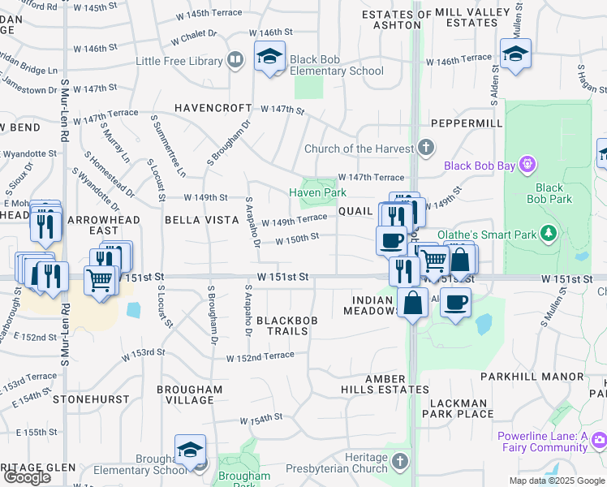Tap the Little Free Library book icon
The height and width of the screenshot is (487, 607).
(235, 60)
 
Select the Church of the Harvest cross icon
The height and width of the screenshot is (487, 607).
(426, 148)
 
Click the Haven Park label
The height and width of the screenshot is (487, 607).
(318, 192)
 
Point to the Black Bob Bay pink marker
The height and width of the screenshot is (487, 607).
(527, 166)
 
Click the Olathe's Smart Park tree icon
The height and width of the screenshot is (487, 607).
(549, 235)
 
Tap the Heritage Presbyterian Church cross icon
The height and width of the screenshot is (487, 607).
(399, 462)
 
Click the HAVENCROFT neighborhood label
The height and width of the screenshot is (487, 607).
(213, 108)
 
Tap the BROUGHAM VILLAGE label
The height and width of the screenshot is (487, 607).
(189, 394)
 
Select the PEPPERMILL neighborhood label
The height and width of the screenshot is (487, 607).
(467, 123)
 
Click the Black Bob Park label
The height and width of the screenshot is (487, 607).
(549, 193)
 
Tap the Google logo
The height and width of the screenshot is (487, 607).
(27, 477)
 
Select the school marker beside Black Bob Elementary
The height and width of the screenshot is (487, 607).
(269, 57)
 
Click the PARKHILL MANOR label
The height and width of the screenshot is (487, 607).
(532, 377)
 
